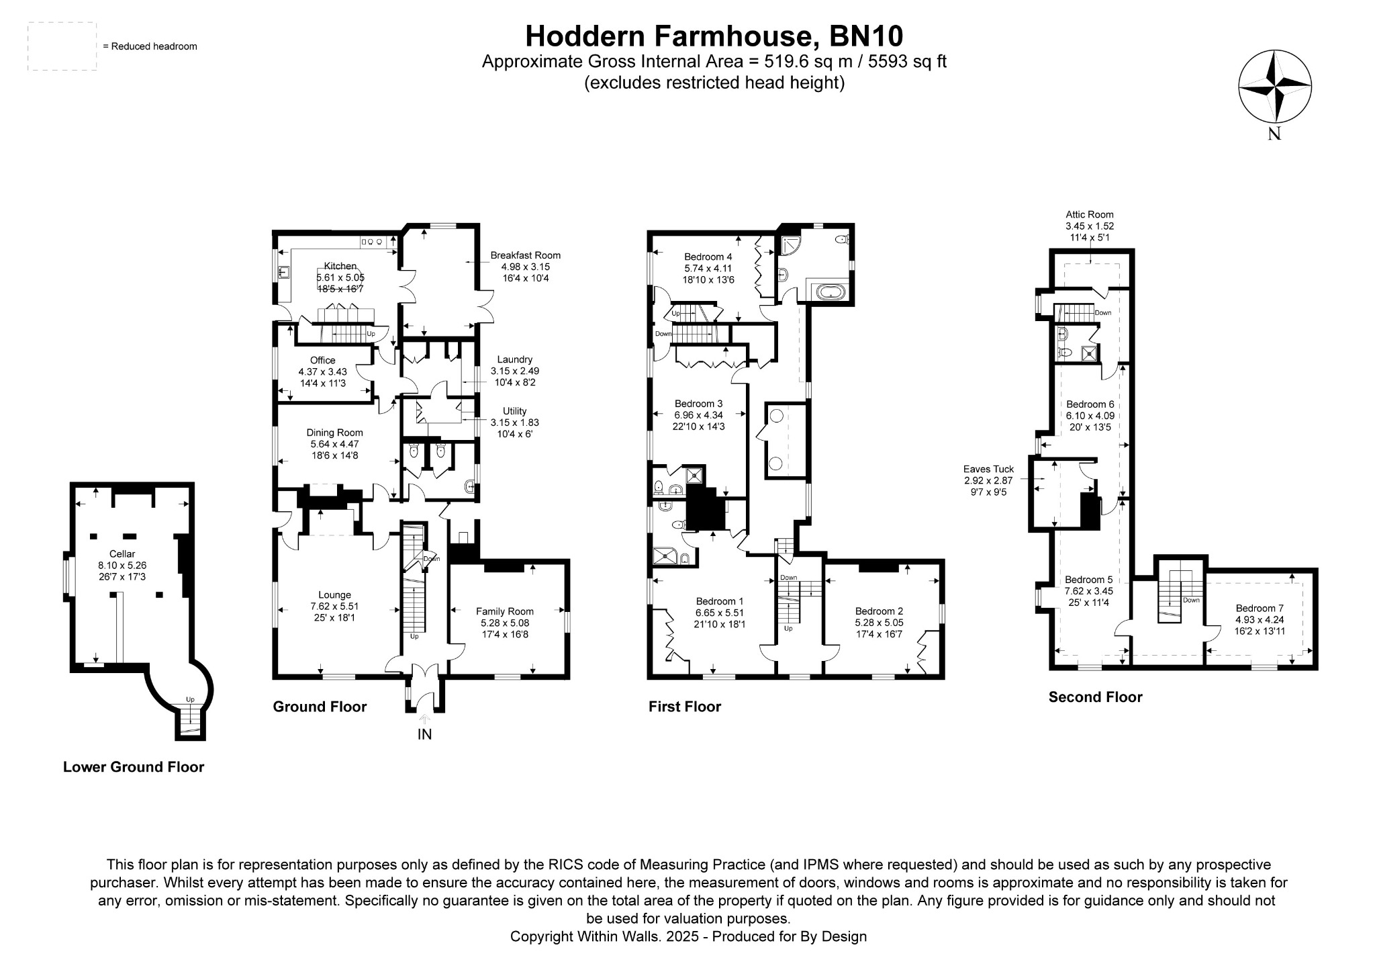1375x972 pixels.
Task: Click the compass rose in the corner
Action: pyautogui.click(x=1274, y=87)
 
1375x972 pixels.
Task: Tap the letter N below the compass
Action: pyautogui.click(x=1274, y=134)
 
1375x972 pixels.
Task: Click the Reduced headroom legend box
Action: pyautogui.click(x=62, y=46)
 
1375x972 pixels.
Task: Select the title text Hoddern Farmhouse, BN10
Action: pyautogui.click(x=714, y=36)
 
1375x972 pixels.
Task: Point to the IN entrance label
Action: pyautogui.click(x=424, y=735)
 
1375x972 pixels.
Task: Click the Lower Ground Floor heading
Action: pyautogui.click(x=133, y=767)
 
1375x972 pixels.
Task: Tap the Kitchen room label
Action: pyautogui.click(x=340, y=266)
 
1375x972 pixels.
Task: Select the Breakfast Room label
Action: pyautogui.click(x=525, y=255)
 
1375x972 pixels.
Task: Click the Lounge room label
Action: pyautogui.click(x=334, y=595)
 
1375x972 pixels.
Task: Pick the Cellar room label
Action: pyautogui.click(x=122, y=554)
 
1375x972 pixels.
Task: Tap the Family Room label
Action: pyautogui.click(x=504, y=611)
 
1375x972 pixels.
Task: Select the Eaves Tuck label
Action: pyautogui.click(x=988, y=470)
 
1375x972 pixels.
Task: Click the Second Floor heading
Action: pyautogui.click(x=1095, y=697)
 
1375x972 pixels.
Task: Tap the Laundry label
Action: pyautogui.click(x=514, y=359)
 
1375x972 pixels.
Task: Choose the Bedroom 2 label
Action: pyautogui.click(x=879, y=611)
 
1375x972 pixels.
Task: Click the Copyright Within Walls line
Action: pyautogui.click(x=688, y=936)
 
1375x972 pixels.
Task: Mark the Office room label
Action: pyautogui.click(x=322, y=361)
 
